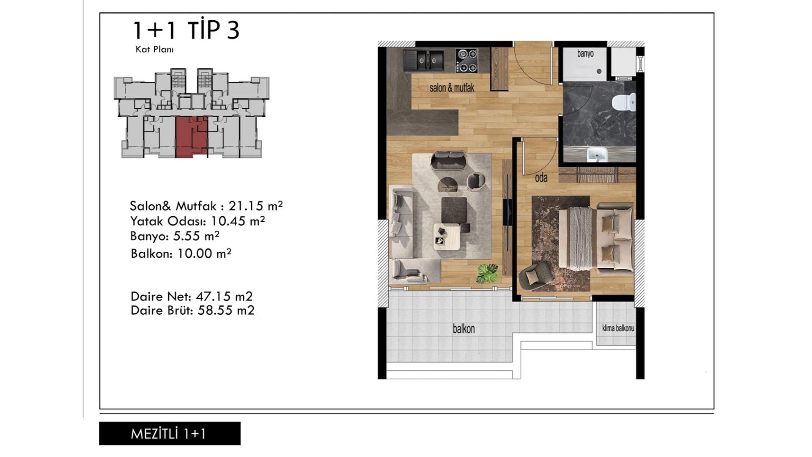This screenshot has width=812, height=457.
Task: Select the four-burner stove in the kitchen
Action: click(x=466, y=61)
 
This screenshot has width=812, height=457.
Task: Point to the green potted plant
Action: click(x=488, y=273)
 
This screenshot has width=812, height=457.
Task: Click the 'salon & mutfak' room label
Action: click(x=452, y=88)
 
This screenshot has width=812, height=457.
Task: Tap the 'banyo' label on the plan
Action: click(x=585, y=54)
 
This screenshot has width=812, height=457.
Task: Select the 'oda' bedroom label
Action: click(x=541, y=178)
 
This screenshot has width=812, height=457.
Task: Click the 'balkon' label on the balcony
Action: click(x=464, y=329)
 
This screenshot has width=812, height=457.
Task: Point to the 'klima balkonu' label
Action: click(x=618, y=328)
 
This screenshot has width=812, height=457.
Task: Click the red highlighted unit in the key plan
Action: click(x=192, y=137)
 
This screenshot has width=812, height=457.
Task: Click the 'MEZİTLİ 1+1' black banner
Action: click(x=170, y=433)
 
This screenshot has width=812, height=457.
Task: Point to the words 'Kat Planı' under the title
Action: click(x=154, y=49)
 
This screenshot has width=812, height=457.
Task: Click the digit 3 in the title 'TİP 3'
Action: click(x=233, y=30)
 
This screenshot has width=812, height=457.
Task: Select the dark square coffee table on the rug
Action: click(x=454, y=210)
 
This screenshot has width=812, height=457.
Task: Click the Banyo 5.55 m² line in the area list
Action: click(x=175, y=236)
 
